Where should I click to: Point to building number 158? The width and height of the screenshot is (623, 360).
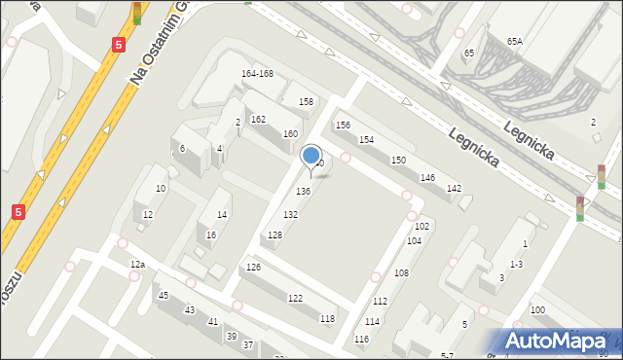coord(306,102)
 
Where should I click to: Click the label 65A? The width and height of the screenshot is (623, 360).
coord(514,42)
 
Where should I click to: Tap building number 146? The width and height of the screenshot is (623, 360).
coord(426,178)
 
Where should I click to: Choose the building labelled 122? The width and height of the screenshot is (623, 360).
coord(295,298)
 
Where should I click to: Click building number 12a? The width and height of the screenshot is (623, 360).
coord(137,265)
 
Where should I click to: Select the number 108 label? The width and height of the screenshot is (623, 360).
coord(401,273)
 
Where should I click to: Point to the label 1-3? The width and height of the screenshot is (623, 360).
coord(516,265)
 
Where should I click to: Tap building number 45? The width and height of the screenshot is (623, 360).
coord(164,296)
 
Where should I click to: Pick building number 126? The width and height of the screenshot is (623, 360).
coord(253,268)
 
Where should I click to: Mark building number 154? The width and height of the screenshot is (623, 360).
coord(366,140)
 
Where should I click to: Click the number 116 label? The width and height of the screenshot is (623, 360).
coord(361,339)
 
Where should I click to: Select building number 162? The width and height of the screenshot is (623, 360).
coord(258,119)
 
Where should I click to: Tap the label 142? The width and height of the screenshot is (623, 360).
coord(453,188)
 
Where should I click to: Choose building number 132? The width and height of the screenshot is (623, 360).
coord(290,214)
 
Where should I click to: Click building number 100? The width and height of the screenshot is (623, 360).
coord(537,309)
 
